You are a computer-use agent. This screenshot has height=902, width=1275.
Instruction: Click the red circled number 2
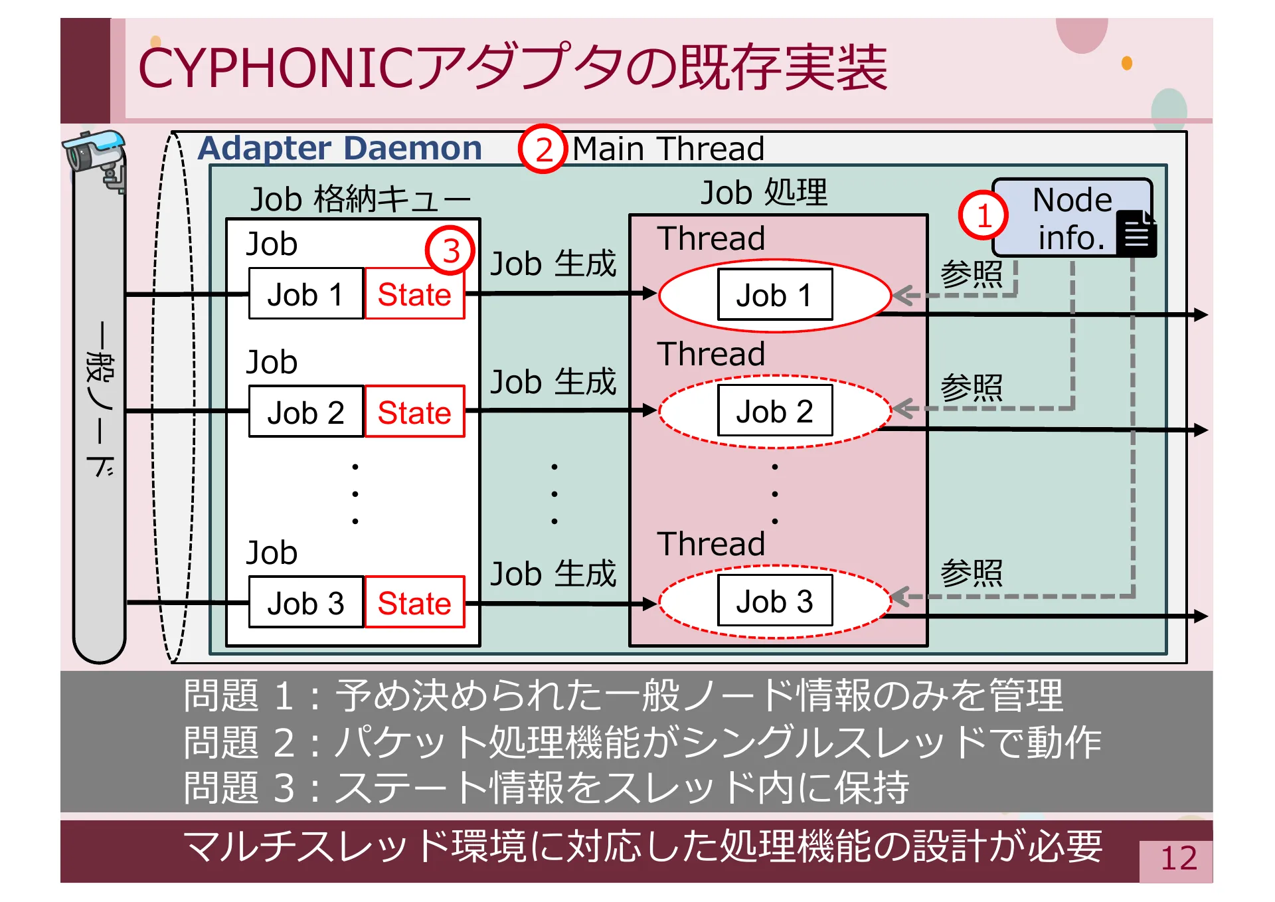click(543, 149)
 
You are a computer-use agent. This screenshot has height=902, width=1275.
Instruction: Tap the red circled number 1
click(983, 215)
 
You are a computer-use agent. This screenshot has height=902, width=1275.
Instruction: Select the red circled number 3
click(450, 251)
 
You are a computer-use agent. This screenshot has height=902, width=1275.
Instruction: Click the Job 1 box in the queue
click(306, 294)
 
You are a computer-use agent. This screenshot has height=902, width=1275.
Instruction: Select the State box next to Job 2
click(414, 412)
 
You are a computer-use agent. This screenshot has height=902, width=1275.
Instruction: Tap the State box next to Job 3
click(414, 602)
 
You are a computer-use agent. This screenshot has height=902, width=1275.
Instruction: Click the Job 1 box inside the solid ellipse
click(774, 295)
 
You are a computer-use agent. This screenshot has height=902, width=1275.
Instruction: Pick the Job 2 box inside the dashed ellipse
click(774, 411)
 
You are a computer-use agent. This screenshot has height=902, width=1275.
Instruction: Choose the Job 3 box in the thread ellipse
click(774, 601)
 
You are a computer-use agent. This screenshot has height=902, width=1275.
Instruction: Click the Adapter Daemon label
click(340, 148)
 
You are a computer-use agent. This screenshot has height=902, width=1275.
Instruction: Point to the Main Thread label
click(668, 149)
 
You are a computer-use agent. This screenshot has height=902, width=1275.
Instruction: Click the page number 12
click(1178, 858)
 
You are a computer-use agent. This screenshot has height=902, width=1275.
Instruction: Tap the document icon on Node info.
click(1136, 234)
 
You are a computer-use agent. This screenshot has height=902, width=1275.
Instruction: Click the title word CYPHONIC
click(275, 68)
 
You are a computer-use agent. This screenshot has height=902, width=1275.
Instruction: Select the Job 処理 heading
click(764, 193)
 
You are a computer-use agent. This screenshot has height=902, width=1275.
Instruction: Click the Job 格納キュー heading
click(360, 199)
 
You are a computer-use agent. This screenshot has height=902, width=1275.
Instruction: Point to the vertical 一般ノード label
click(100, 399)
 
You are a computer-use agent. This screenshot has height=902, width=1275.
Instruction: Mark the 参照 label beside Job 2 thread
click(971, 387)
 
